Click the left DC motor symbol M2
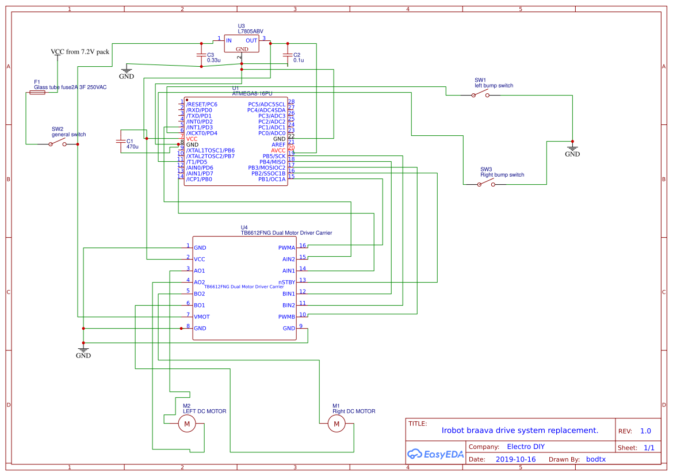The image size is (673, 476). pos(187,424)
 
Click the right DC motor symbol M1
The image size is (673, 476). pos(336,424)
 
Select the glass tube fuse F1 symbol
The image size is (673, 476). pos(37,92)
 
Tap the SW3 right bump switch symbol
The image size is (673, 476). pos(486,184)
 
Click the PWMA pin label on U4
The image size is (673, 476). pos(286,248)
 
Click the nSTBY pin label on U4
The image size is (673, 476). pos(286,283)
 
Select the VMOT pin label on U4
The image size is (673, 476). pos(202,317)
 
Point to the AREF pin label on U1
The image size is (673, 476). pos(278,144)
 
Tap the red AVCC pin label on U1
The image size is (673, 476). pos(278,150)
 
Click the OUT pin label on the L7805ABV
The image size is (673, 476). pos(251,40)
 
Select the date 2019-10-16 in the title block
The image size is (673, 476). pos(515,459)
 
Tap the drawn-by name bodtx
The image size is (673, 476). pos(595,459)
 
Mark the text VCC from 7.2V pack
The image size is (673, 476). pos(80,52)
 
